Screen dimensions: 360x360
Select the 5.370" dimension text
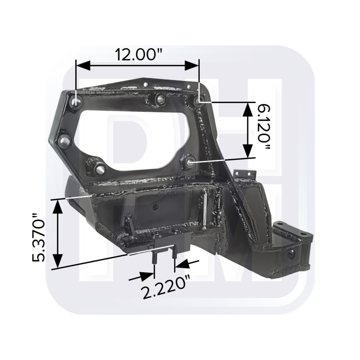39,238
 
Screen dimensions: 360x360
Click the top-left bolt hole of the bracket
76,101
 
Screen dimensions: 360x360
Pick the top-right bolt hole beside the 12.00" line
199,100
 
